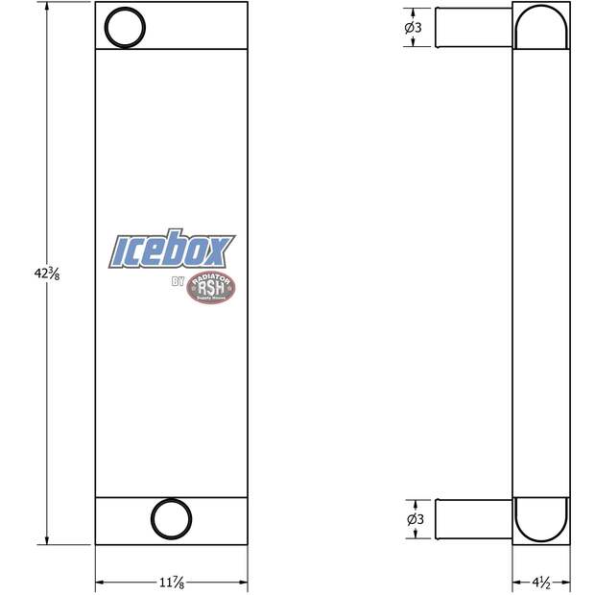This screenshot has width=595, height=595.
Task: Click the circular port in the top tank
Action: pos(123,26)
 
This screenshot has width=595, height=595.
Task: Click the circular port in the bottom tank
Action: pos(171,518)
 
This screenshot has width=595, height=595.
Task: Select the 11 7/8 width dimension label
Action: pos(171,582)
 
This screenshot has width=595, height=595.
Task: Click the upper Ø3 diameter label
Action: pos(414,28)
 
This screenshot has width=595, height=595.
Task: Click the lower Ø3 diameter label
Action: pos(414,519)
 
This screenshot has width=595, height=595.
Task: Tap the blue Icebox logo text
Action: pos(172,250)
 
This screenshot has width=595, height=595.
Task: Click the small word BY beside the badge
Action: pos(177,282)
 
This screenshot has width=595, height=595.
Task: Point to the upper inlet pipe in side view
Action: pos(473,28)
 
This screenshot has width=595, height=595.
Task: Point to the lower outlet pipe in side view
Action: pos(473,519)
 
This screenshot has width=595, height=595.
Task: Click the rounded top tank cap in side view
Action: pos(541,26)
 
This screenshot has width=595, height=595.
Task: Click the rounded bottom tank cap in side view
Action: pos(541,519)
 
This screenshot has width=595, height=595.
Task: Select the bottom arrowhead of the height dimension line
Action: pos(49,540)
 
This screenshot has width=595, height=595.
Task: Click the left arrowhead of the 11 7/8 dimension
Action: pos(100,583)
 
